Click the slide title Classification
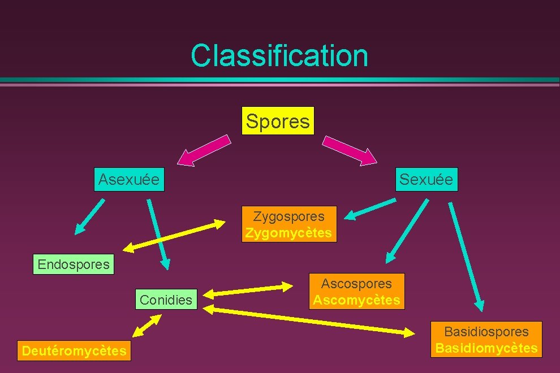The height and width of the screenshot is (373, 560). [x=279, y=55]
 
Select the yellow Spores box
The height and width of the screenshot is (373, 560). [x=278, y=121]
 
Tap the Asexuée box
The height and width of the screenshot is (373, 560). [x=129, y=180]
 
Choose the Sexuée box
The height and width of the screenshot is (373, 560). [x=426, y=180]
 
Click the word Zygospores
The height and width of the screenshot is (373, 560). [x=289, y=216]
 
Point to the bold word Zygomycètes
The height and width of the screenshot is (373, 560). [x=289, y=233]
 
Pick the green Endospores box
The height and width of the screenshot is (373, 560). [x=74, y=264]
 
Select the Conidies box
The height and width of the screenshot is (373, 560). [x=166, y=300]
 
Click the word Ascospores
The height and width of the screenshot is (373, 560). [x=356, y=284]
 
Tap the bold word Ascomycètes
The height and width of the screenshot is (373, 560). [x=356, y=300]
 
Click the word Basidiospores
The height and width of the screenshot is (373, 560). [x=486, y=332]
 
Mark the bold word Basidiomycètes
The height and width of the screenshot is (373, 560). [x=486, y=348]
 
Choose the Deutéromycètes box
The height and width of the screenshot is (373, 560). [x=74, y=351]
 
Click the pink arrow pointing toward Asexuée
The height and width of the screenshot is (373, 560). [x=206, y=150]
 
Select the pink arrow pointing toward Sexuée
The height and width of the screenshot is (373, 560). [x=350, y=150]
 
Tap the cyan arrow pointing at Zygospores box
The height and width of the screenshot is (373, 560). [x=371, y=209]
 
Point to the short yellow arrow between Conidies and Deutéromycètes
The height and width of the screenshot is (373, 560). [x=147, y=326]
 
